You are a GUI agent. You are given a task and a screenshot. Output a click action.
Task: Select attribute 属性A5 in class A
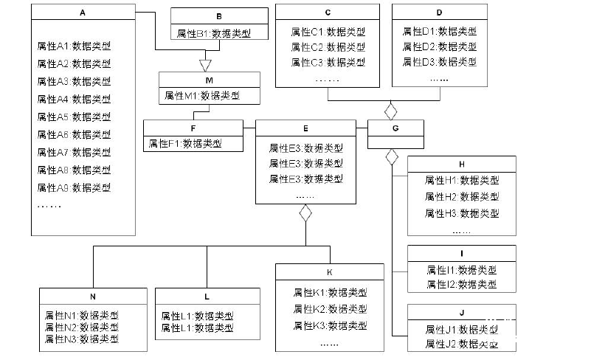74,117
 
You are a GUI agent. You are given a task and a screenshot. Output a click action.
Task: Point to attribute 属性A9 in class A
74,187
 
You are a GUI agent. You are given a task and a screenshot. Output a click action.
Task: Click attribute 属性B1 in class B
213,34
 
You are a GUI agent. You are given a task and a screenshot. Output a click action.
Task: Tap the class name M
210,80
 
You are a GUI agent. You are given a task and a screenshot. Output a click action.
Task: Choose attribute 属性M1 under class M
202,95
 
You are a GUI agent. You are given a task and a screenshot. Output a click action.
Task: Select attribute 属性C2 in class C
328,46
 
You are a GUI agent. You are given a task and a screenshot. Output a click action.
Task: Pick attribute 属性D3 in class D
439,62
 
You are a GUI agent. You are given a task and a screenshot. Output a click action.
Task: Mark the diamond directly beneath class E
305,213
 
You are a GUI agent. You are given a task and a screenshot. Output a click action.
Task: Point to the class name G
395,128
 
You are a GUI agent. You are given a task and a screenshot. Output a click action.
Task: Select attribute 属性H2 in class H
462,196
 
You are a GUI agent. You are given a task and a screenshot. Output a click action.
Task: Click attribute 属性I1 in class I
461,270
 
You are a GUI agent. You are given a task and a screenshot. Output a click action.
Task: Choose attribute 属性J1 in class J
461,329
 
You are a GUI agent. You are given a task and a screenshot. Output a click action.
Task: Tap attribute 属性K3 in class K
330,325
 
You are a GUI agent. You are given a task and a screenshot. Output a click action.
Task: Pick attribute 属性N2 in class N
81,327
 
